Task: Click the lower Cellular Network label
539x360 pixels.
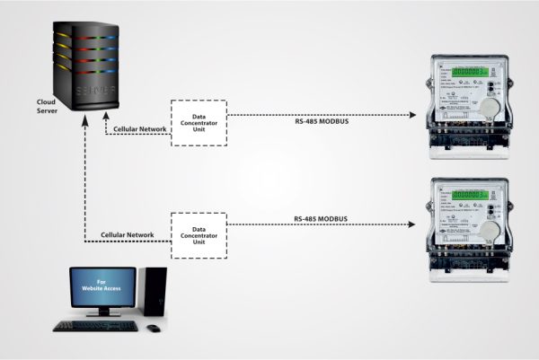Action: click(x=128, y=235)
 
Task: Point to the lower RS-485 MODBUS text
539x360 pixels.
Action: click(x=321, y=219)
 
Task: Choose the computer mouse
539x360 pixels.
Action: click(x=155, y=327)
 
